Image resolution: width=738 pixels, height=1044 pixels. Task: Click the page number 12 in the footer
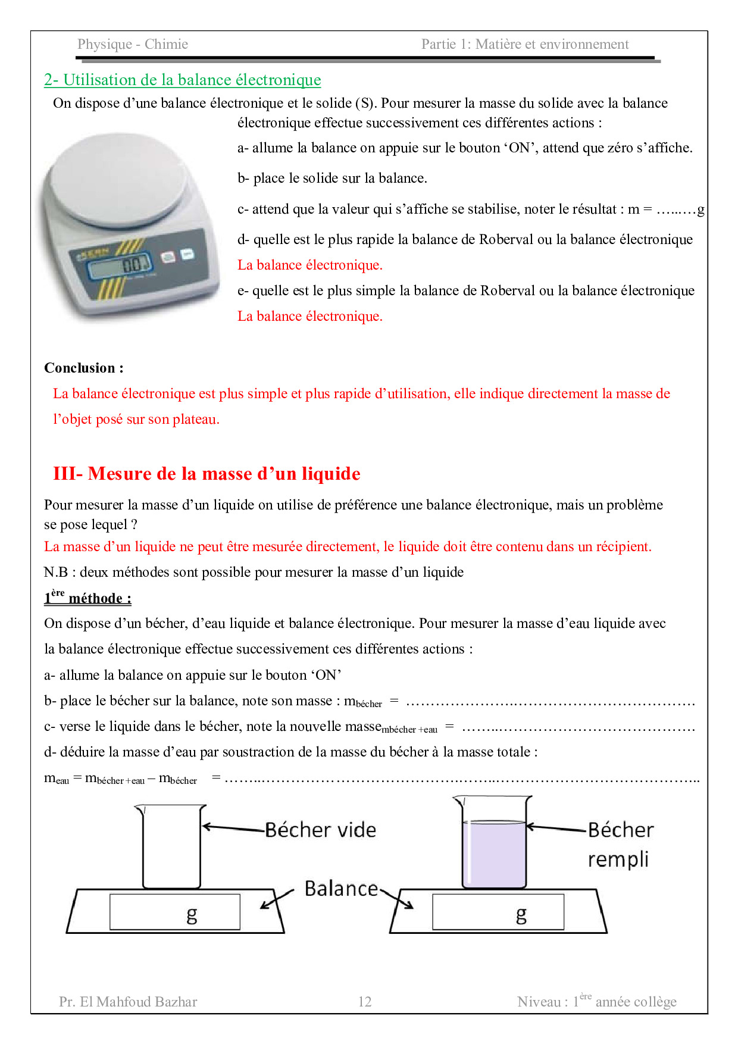[365, 1002]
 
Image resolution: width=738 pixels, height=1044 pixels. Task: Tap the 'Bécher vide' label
[320, 830]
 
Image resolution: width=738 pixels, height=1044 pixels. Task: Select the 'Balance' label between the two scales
[341, 889]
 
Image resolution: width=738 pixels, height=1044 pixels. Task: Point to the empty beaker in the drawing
[171, 848]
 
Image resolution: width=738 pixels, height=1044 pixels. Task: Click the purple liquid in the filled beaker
[494, 854]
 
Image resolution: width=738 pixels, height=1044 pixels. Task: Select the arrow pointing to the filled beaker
[556, 827]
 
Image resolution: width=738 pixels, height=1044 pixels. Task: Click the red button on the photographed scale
[168, 257]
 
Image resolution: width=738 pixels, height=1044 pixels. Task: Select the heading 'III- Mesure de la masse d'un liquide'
[207, 474]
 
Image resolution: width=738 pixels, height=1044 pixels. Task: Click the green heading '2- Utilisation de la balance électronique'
[182, 80]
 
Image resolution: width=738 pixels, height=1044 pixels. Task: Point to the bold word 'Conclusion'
[80, 368]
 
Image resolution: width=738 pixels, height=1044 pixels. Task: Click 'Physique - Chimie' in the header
[133, 44]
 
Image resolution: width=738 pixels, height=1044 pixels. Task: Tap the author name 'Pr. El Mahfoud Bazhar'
[128, 1002]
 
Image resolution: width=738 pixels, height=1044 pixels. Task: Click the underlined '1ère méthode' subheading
[87, 598]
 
